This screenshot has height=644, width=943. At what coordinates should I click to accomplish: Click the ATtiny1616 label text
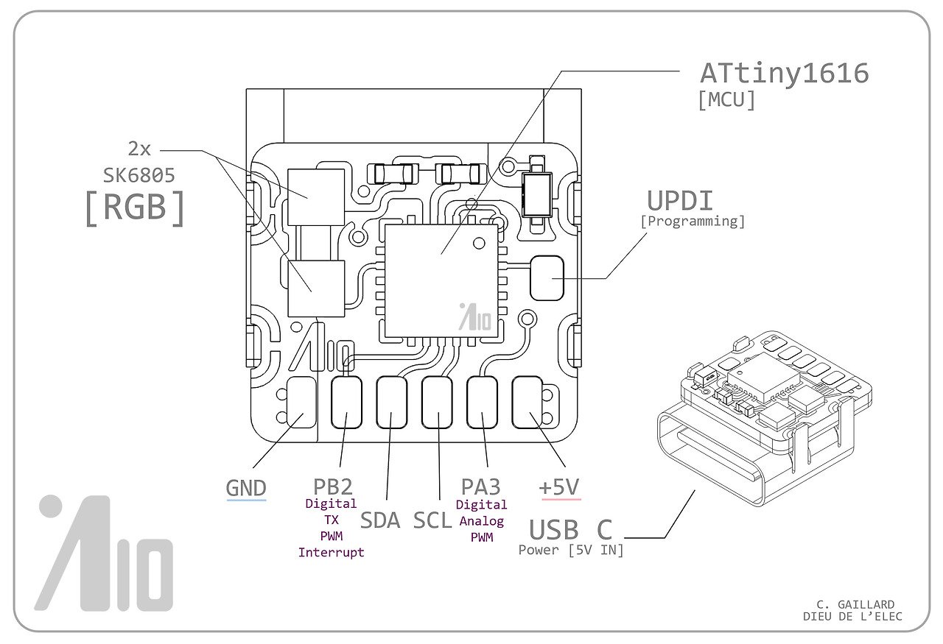[784, 73]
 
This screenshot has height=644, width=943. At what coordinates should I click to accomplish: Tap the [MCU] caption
[726, 101]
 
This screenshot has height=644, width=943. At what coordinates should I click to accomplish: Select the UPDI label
[680, 200]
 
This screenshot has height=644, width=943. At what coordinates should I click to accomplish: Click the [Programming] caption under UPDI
[692, 221]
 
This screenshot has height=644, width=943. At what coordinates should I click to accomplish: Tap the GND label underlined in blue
[245, 488]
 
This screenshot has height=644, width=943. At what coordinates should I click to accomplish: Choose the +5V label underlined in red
[559, 487]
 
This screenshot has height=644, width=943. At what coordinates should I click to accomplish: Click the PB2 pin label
[332, 486]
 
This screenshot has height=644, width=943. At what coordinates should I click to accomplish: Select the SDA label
[379, 520]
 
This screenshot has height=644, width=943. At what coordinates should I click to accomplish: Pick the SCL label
[432, 520]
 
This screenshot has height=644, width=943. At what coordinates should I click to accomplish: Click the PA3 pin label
[481, 486]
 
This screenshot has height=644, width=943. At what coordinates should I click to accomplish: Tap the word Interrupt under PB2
[331, 553]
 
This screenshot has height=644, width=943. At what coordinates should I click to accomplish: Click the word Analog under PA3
[481, 521]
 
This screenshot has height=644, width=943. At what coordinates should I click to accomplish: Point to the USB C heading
[571, 529]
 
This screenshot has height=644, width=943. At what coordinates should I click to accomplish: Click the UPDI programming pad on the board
[547, 277]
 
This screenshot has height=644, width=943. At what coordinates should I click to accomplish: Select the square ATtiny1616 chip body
[441, 277]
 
